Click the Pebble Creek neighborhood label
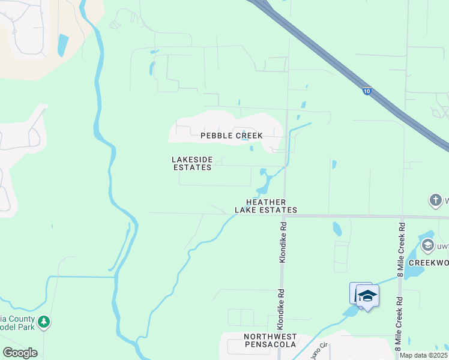click(231, 136)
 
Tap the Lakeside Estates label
click(192, 163)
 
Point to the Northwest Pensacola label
click(270, 341)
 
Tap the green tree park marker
click(44, 322)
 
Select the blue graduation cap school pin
click(367, 296)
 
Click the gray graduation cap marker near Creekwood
click(427, 245)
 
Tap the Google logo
click(20, 352)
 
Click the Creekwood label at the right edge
click(429, 263)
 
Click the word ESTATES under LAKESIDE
click(192, 167)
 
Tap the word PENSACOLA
click(270, 345)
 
